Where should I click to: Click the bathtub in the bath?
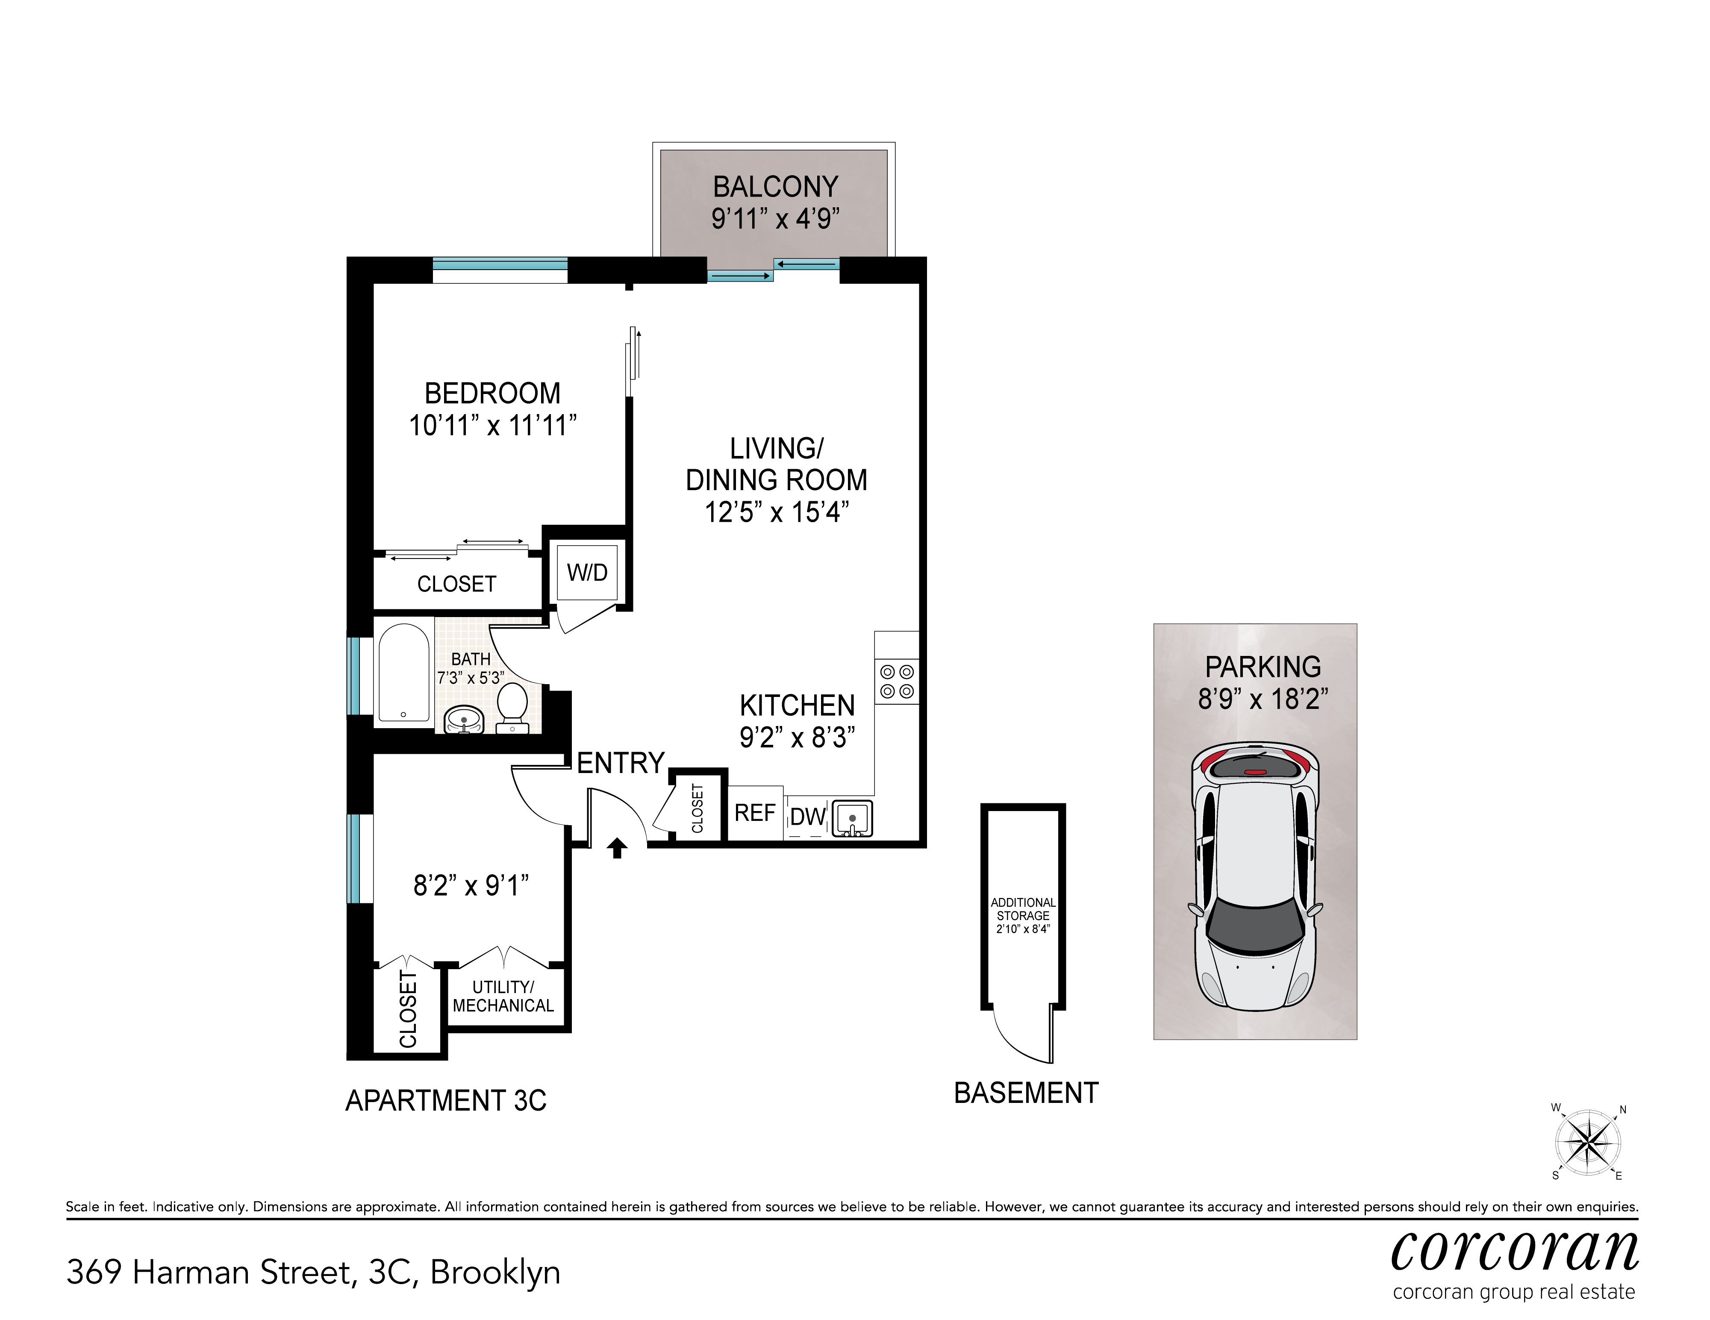tap(403, 672)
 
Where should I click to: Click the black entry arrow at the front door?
tap(617, 847)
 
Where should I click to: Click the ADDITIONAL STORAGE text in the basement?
tap(1023, 909)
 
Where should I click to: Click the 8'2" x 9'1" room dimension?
tap(471, 885)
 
